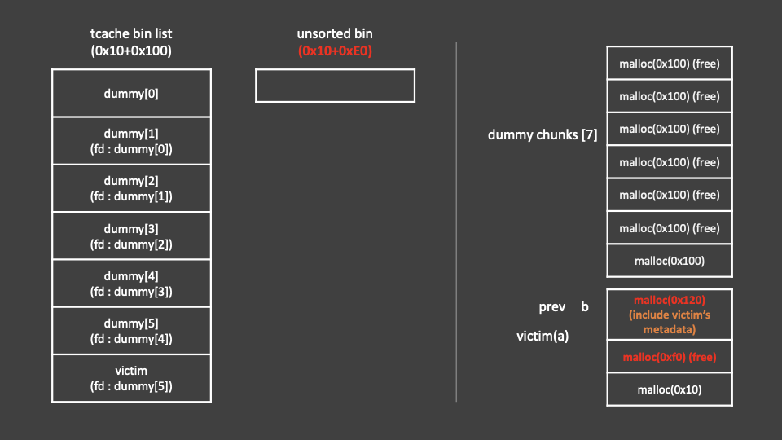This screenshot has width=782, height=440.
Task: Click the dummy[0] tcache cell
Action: (131, 93)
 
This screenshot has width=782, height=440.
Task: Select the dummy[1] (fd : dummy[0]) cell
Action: (131, 141)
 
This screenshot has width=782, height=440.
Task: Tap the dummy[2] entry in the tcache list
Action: (131, 188)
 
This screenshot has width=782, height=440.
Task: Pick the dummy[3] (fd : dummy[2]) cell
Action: (131, 236)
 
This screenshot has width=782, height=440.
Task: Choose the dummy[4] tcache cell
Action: (131, 284)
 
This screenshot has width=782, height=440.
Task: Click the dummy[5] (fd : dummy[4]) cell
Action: (131, 331)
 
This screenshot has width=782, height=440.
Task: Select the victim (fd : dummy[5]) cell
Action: (131, 378)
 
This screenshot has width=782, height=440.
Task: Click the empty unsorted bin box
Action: (335, 86)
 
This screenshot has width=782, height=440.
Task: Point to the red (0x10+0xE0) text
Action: (335, 51)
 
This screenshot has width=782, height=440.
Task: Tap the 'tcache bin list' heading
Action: (131, 34)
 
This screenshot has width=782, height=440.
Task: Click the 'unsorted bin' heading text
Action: (335, 34)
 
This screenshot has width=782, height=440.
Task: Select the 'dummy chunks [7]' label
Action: (543, 135)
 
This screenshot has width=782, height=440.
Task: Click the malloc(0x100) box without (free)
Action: (669, 261)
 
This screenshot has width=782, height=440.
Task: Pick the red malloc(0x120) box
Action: (669, 315)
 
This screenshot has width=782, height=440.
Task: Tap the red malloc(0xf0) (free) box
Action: (669, 357)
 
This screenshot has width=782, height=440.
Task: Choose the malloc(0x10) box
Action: (669, 389)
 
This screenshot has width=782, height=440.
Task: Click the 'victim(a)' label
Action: (543, 336)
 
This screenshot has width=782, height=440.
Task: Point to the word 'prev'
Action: (552, 307)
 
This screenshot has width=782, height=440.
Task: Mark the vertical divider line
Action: (456, 220)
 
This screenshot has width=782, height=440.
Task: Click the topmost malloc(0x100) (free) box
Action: (669, 64)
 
